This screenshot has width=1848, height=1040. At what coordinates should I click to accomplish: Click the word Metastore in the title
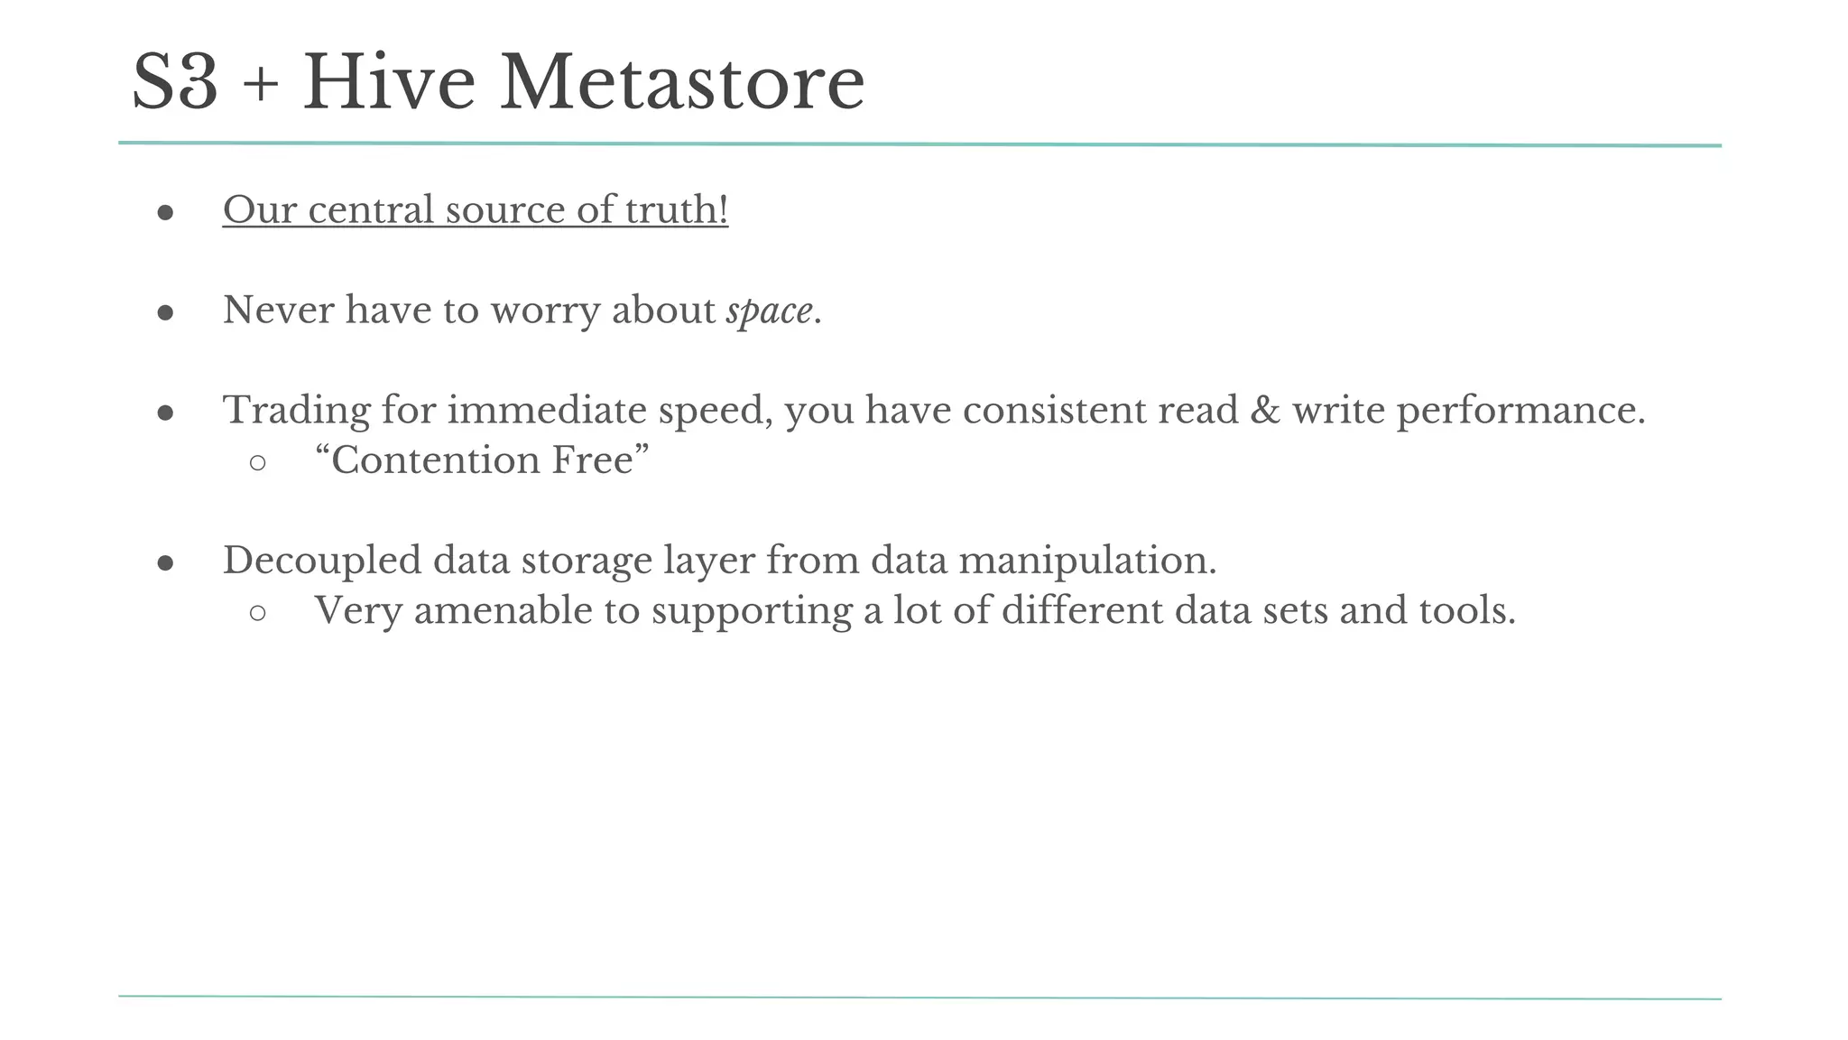(682, 83)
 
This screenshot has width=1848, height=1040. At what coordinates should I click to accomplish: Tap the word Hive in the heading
(389, 83)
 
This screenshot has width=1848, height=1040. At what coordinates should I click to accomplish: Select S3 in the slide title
(175, 83)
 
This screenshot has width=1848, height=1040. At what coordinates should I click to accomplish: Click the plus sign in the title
(260, 87)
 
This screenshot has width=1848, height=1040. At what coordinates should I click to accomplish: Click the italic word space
(769, 311)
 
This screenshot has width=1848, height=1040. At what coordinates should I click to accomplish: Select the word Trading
(296, 411)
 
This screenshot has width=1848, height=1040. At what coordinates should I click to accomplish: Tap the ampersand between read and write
(1265, 411)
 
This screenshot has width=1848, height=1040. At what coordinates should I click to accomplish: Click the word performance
(1521, 411)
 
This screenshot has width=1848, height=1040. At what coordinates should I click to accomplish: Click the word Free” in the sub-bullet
(601, 460)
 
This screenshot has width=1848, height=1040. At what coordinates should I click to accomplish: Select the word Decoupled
(322, 561)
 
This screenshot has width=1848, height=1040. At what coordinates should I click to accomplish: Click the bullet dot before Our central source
(165, 213)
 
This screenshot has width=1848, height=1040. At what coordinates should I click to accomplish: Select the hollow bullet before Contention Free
(257, 463)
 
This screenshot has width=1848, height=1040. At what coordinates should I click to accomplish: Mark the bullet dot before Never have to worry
(165, 313)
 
